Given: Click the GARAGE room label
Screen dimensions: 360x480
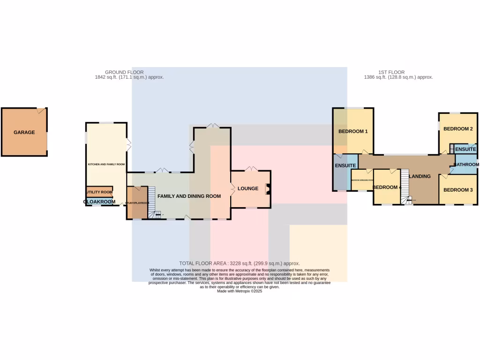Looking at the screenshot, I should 24,133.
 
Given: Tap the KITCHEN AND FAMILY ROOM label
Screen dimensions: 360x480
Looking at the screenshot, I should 106,165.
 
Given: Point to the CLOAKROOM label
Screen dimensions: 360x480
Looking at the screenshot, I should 99,202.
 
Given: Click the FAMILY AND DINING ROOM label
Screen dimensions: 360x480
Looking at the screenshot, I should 189,196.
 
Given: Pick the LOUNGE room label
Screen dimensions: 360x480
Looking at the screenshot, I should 248,189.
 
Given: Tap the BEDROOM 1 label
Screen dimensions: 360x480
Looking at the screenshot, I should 353,132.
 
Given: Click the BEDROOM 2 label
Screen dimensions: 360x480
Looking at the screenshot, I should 457,129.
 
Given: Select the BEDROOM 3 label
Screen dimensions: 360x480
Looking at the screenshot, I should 458,190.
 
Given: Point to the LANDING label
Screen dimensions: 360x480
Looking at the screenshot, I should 420,176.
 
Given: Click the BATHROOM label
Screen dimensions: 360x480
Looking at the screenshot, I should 466,165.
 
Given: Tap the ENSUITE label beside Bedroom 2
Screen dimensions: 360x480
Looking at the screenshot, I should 465,150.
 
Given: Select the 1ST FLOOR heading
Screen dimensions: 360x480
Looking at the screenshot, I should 391,72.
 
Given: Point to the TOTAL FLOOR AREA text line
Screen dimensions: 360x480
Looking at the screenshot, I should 239,263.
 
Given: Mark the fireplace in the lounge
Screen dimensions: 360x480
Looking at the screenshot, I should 268,189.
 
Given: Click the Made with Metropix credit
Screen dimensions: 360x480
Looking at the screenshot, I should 239,291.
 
